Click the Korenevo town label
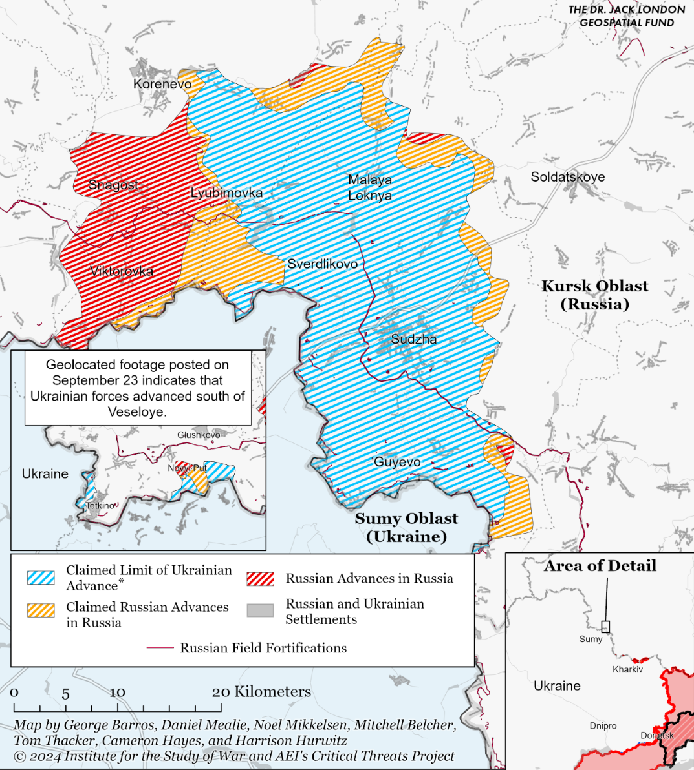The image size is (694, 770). click(x=162, y=84)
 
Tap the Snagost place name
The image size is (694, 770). click(x=113, y=185)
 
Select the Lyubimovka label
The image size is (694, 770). click(x=226, y=193)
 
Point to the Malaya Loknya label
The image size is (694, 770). click(x=370, y=187)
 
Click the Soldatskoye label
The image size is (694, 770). click(x=567, y=177)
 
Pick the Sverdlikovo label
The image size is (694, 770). click(x=322, y=264)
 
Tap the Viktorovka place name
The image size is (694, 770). click(x=122, y=271)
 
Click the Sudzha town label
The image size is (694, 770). click(x=413, y=339)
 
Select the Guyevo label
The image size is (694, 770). click(x=397, y=462)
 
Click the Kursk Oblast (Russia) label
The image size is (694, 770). click(x=594, y=295)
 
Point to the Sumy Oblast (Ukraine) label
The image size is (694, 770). click(x=406, y=527)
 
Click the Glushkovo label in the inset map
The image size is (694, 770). click(x=199, y=435)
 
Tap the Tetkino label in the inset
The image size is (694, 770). click(x=100, y=506)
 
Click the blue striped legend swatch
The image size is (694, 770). click(x=41, y=577)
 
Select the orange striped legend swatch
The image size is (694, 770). click(x=41, y=610)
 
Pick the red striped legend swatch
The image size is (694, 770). click(x=260, y=579)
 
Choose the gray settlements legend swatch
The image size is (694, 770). click(x=260, y=610)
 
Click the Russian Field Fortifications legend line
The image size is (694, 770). click(x=160, y=648)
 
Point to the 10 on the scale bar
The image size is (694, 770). click(x=117, y=692)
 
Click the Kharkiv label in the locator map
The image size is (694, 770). click(x=627, y=669)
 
